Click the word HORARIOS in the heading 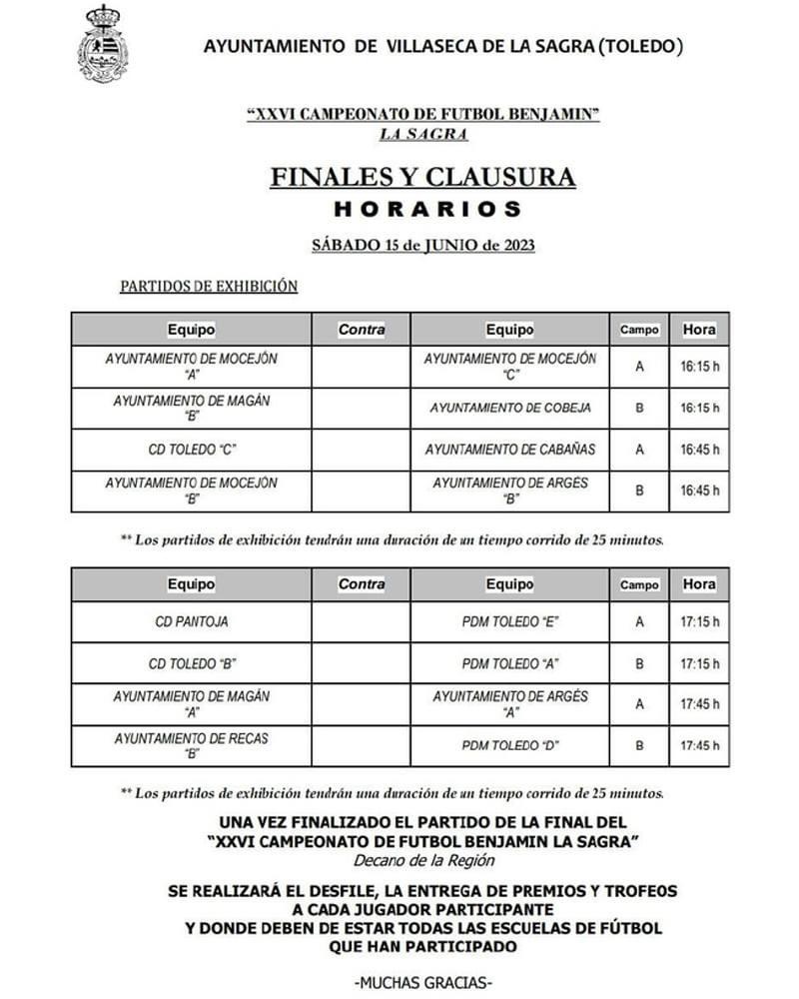(426, 210)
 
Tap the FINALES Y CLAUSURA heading (423, 177)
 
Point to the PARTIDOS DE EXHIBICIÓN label (209, 286)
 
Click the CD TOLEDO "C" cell (191, 450)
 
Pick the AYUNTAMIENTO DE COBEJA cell (510, 408)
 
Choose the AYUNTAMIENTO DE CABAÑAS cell (510, 450)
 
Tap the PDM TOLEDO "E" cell (510, 621)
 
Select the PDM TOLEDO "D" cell (510, 745)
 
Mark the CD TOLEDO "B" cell (191, 663)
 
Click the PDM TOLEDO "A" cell (510, 663)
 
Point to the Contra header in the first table (362, 330)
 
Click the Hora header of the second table (699, 584)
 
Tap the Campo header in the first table (639, 330)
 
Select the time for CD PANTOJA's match (699, 621)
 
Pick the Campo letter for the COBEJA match (639, 408)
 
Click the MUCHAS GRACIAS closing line (423, 981)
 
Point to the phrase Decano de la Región (423, 860)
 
